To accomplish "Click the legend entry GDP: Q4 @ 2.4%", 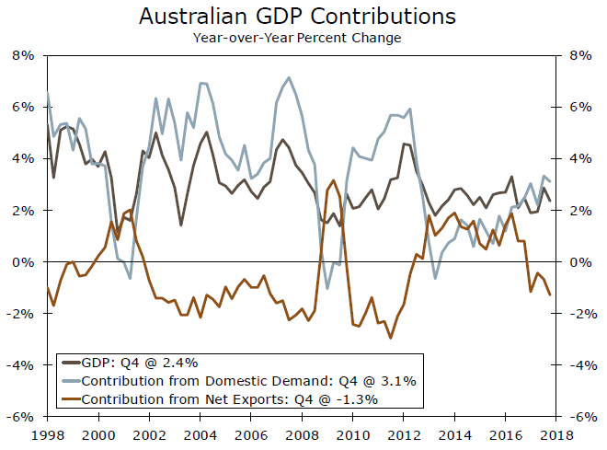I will click(140, 362).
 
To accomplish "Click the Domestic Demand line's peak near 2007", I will click(289, 77).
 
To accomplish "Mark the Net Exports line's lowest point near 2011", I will click(391, 338).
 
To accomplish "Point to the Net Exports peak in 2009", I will click(333, 180).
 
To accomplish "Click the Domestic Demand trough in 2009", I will click(328, 289).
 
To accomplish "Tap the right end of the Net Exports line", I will click(550, 295).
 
